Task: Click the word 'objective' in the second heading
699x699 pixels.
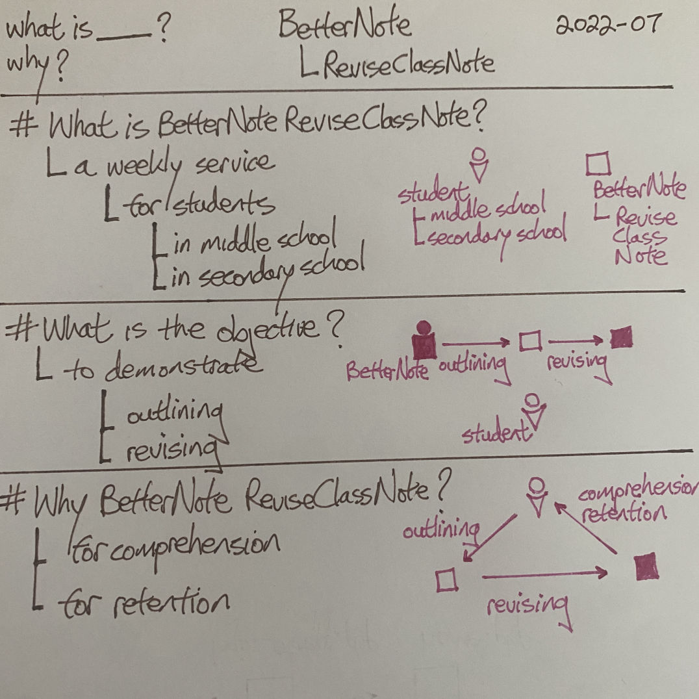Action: point(273,330)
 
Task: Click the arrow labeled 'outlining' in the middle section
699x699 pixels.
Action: point(476,340)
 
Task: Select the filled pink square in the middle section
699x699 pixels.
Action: point(622,337)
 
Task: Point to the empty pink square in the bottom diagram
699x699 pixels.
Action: point(446,579)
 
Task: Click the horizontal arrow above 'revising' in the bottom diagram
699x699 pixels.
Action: point(544,572)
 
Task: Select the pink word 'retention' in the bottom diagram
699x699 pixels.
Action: point(624,515)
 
